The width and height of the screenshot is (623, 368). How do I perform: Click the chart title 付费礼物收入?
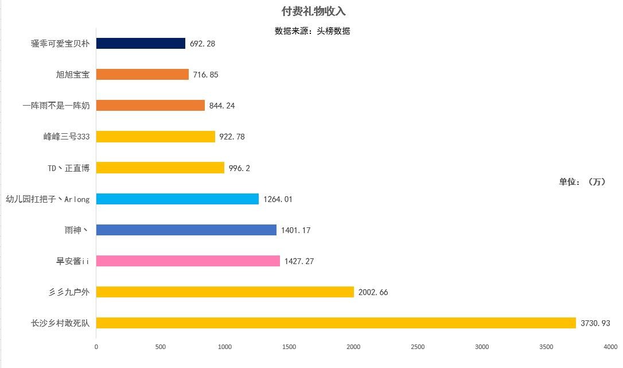[313, 11]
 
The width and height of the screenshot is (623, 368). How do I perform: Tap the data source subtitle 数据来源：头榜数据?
[312, 31]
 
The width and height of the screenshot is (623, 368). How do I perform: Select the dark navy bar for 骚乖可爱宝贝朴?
[141, 43]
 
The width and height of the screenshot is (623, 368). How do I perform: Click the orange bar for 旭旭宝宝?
[142, 74]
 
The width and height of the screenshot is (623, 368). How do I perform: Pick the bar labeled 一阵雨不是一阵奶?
[150, 105]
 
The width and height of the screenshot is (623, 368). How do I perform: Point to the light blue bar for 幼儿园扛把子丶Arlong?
[177, 199]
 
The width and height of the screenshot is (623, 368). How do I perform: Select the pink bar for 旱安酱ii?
[188, 261]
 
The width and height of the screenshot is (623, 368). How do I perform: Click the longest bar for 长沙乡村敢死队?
[336, 323]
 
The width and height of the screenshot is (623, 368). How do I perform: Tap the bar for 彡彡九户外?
[225, 292]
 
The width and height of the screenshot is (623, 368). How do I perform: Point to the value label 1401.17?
[295, 230]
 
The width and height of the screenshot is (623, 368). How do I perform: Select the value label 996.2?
[239, 168]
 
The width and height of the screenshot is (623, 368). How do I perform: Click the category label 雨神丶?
[77, 230]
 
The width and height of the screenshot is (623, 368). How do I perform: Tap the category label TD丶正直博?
[68, 168]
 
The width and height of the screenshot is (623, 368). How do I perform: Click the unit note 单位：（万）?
[582, 182]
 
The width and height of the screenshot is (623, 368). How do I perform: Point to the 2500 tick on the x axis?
[418, 347]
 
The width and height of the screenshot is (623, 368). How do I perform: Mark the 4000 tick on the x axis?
[610, 347]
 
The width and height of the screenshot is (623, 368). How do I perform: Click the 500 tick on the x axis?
[161, 347]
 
